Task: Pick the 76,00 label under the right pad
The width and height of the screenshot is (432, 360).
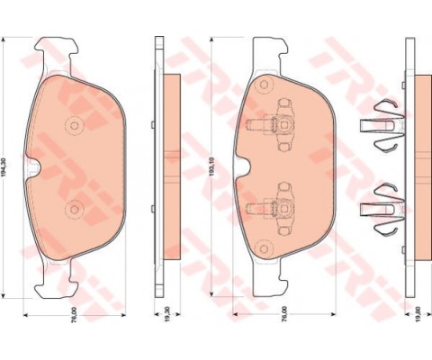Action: click(x=284, y=317)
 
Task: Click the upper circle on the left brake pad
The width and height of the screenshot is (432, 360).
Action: click(x=75, y=124)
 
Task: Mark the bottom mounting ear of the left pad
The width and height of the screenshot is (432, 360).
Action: click(x=54, y=286)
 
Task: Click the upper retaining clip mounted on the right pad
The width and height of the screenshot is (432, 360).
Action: click(x=280, y=125)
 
